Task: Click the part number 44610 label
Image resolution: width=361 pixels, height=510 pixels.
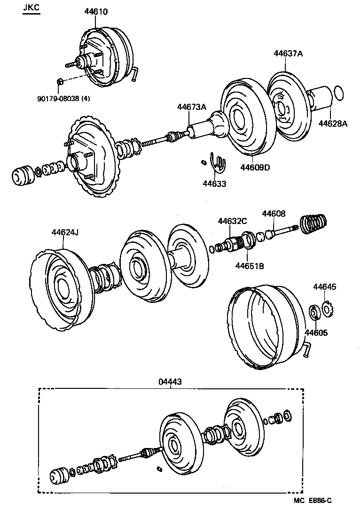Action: point(96,12)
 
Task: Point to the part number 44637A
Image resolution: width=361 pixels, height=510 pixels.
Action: point(288,54)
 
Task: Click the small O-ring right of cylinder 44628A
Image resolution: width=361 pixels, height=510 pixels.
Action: point(338,93)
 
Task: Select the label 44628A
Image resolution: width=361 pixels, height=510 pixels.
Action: point(333,124)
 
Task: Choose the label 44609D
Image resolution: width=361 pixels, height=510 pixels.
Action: point(255,167)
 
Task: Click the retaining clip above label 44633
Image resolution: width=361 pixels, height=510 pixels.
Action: point(218,161)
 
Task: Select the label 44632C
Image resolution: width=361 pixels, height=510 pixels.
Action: point(232,221)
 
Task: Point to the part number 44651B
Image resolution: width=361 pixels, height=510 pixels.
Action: point(249,266)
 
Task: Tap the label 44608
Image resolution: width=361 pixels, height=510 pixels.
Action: point(274,214)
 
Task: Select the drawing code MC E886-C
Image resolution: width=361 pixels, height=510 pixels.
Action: point(316,501)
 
